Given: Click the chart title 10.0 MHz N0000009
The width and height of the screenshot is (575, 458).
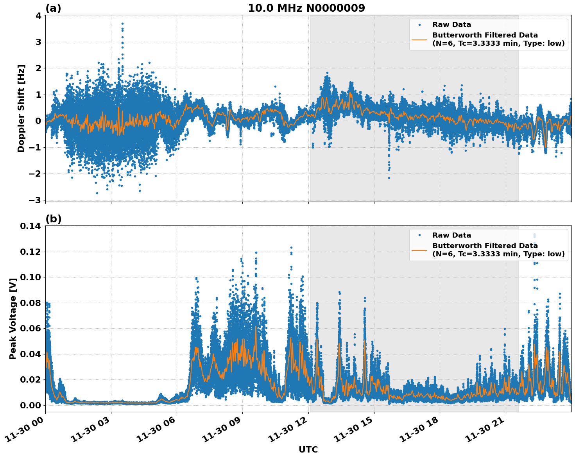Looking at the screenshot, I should (306, 8).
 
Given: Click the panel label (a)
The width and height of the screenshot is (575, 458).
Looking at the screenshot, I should (53, 8).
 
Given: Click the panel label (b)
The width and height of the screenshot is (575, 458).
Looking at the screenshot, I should (53, 219).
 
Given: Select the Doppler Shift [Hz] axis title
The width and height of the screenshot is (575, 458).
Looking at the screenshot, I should (21, 108).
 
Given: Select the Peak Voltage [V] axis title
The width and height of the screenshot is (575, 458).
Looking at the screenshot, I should (13, 318).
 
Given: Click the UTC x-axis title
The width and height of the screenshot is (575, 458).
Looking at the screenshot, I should (308, 449).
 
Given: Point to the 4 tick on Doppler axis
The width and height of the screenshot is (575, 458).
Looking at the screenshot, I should (38, 16).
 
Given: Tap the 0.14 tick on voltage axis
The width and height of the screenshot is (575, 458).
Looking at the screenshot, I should (30, 226).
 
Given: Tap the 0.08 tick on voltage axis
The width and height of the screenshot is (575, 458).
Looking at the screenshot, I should (30, 303).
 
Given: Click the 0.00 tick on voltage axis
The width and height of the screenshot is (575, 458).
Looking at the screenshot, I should (30, 405).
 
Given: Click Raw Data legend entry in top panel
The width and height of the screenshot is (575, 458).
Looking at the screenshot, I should (451, 25).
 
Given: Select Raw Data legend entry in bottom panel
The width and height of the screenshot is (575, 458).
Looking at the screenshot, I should (451, 235).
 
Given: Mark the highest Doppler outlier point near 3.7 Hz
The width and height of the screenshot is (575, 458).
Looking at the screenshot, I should (122, 23).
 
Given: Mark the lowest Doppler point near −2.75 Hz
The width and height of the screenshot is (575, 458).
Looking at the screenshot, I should (97, 193).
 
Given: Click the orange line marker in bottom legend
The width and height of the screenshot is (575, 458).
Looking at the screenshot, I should (419, 250).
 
